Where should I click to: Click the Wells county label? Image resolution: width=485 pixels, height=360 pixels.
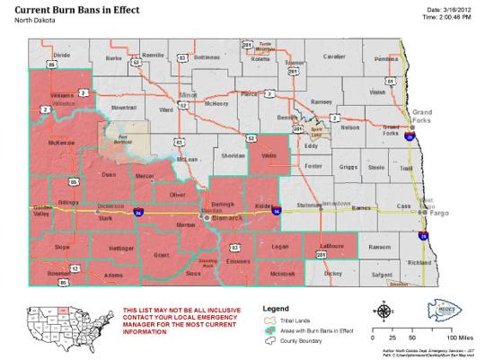268,154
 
